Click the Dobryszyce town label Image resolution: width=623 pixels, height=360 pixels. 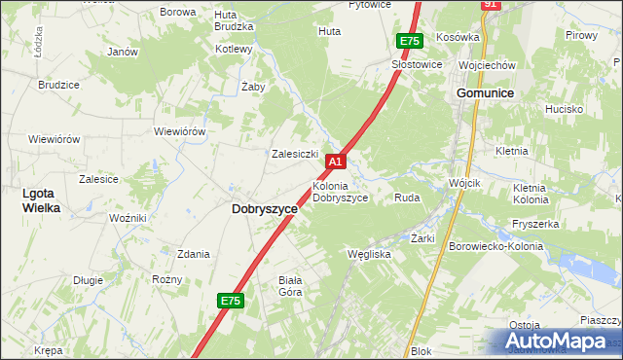(265, 209)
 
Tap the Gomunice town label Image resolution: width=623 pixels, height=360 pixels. (486, 91)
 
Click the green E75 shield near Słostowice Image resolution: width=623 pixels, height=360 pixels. (409, 41)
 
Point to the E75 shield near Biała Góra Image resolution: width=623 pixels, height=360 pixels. (230, 302)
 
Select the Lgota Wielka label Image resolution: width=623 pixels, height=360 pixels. (42, 200)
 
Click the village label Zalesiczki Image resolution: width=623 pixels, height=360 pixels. (296, 154)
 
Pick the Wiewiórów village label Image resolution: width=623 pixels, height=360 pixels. (179, 131)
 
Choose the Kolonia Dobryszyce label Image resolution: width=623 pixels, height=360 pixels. (340, 192)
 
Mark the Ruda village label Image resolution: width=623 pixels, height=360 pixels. (406, 198)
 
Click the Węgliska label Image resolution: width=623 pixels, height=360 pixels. (369, 254)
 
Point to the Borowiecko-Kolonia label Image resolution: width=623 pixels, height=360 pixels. (497, 247)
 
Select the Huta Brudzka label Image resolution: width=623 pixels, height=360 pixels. (226, 20)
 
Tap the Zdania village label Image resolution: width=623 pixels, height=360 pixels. (193, 254)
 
